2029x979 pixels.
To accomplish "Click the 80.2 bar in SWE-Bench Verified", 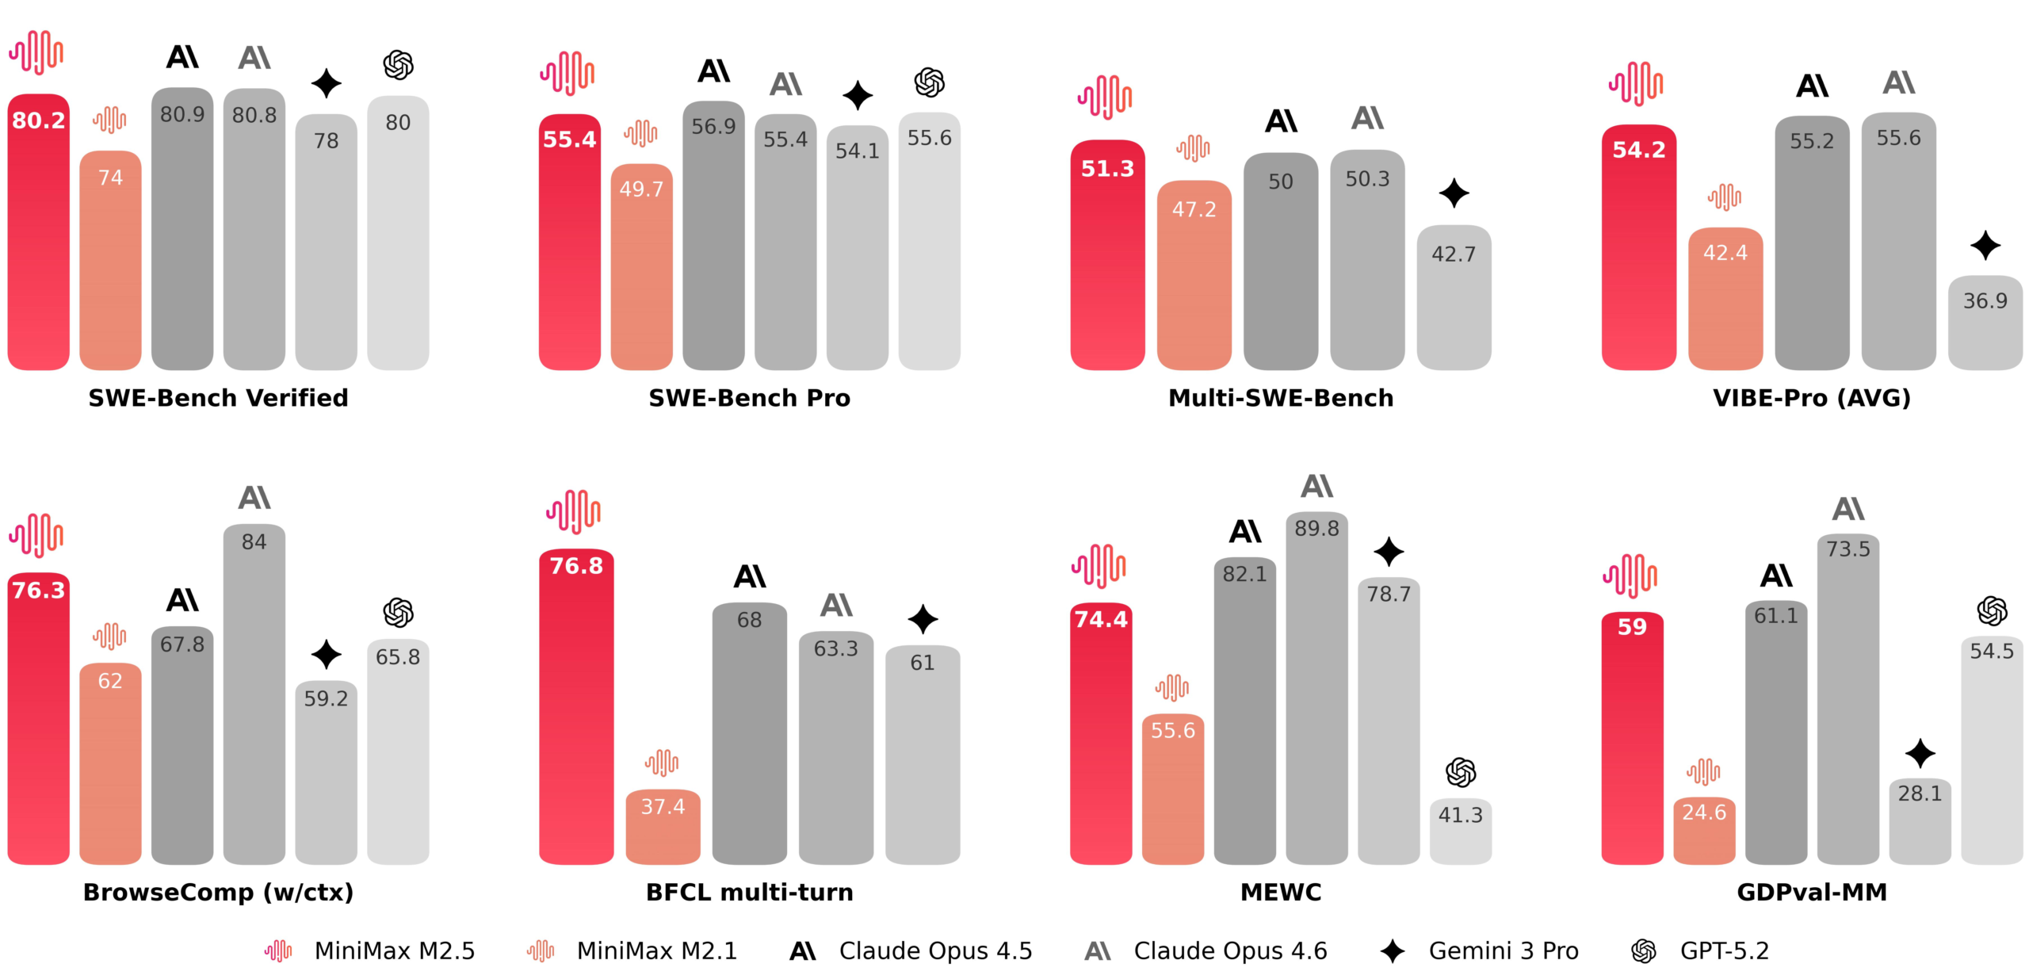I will pos(38,238).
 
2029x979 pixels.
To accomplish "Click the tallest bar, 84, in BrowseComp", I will pos(254,698).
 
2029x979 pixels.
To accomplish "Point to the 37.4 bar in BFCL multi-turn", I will pos(663,828).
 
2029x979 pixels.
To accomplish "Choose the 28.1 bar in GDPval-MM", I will pos(1920,824).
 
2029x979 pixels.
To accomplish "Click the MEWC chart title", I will pos(1280,893).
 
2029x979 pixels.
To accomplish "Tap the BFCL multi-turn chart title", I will pos(749,893).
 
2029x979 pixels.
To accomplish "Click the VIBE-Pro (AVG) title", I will pos(1812,398).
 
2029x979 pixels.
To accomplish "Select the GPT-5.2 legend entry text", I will pos(1724,950).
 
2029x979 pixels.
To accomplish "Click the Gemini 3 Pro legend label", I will pos(1503,950).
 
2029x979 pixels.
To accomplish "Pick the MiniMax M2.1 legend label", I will pos(656,950).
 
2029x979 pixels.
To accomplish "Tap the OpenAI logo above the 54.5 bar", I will pos(1992,611).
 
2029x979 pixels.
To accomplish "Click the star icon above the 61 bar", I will pos(923,619).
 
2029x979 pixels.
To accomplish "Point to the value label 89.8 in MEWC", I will pos(1316,529).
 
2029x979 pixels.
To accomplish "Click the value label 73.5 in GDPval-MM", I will pos(1847,549).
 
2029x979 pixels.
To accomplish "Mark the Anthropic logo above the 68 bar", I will pos(750,576).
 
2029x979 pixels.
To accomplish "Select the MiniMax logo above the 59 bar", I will pos(1630,576).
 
